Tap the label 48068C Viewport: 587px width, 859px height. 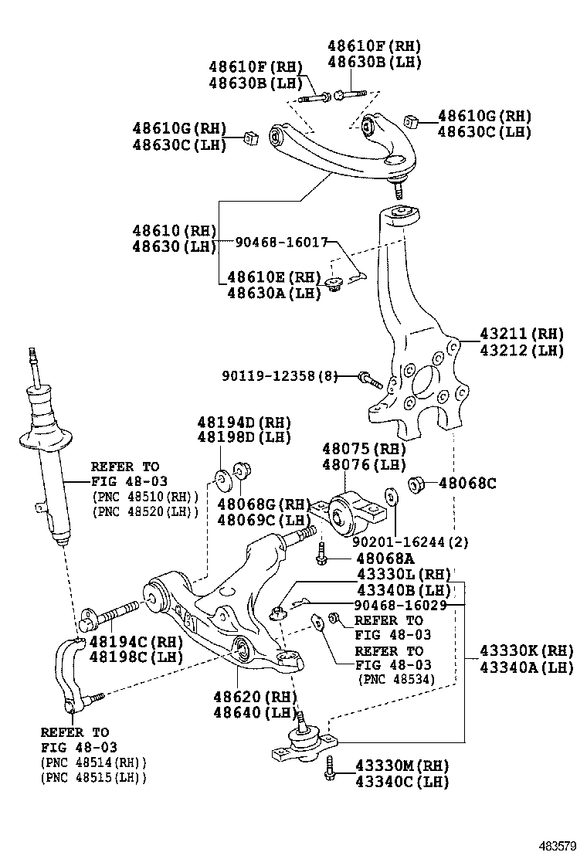click(x=467, y=484)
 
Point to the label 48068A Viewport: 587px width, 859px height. click(x=385, y=559)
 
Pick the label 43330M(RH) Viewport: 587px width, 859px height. click(x=402, y=766)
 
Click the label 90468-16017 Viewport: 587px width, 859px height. click(x=281, y=241)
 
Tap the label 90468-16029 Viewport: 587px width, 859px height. click(x=401, y=605)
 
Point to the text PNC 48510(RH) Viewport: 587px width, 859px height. click(x=145, y=496)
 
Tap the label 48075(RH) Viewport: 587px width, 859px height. click(x=364, y=449)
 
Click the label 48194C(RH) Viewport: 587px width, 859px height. click(x=136, y=641)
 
